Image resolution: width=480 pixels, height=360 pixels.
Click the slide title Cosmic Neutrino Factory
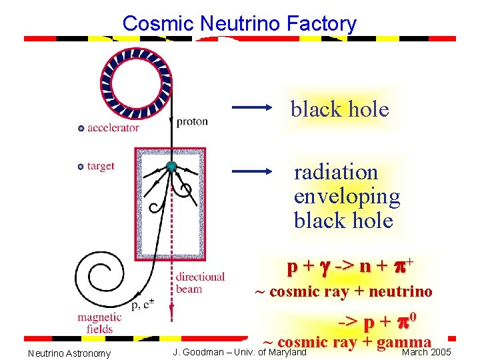pos(239,24)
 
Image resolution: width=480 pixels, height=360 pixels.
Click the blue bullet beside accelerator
pos(81,128)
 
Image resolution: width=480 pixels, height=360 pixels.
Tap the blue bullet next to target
pos(81,166)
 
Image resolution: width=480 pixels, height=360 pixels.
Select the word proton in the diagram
pos(192,121)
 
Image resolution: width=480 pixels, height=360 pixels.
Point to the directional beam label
pos(200,283)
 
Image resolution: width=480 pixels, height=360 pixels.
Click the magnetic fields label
pos(99,323)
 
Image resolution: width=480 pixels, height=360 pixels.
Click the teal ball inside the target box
pos(171,166)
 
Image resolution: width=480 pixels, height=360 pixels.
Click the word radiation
pos(336,172)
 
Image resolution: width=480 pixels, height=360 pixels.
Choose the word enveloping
pos(347,196)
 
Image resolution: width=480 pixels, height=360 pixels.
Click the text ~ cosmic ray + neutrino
pos(345,291)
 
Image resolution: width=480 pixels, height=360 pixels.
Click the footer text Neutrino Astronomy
pos(69,353)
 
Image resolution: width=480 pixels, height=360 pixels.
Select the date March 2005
pos(427,352)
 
